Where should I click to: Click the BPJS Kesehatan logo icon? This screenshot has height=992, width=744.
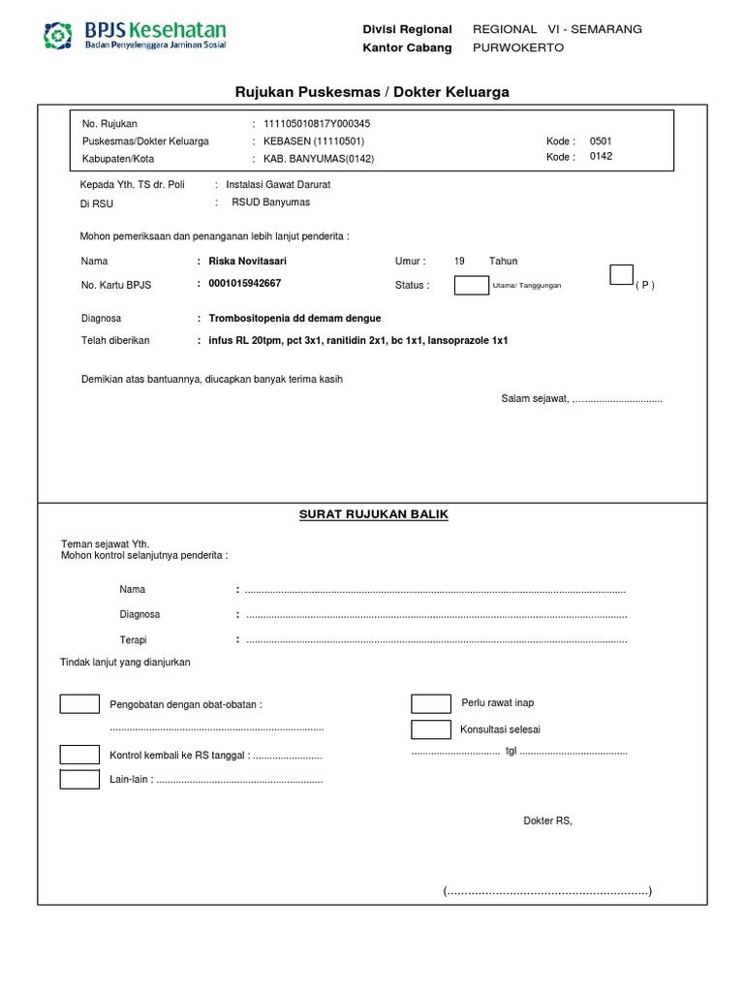pyautogui.click(x=59, y=36)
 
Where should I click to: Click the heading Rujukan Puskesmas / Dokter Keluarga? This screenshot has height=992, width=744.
pyautogui.click(x=372, y=92)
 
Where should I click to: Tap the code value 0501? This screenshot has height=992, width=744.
pyautogui.click(x=601, y=141)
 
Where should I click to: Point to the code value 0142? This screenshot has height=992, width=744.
pyautogui.click(x=601, y=157)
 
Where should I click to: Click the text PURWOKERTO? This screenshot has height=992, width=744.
pyautogui.click(x=517, y=47)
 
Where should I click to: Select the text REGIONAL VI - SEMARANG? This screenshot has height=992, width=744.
pyautogui.click(x=557, y=29)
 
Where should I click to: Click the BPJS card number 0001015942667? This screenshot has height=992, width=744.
pyautogui.click(x=239, y=284)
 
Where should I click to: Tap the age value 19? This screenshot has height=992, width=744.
pyautogui.click(x=459, y=262)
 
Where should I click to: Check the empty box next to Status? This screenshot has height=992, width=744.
pyautogui.click(x=472, y=285)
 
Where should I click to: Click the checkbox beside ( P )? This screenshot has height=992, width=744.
pyautogui.click(x=621, y=275)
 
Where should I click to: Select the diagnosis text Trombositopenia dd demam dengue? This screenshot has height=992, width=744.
pyautogui.click(x=289, y=318)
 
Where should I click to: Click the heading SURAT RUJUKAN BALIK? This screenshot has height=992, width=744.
pyautogui.click(x=374, y=514)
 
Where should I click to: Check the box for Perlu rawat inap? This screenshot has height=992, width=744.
pyautogui.click(x=431, y=704)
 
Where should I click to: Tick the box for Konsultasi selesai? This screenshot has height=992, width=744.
pyautogui.click(x=431, y=729)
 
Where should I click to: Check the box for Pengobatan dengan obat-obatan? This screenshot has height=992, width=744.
pyautogui.click(x=79, y=704)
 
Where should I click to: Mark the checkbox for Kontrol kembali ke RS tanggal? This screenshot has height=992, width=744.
pyautogui.click(x=79, y=755)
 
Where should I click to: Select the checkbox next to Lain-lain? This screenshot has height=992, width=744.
pyautogui.click(x=79, y=779)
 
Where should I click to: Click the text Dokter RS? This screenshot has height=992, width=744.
pyautogui.click(x=548, y=821)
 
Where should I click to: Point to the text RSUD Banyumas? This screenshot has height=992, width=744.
pyautogui.click(x=270, y=202)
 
